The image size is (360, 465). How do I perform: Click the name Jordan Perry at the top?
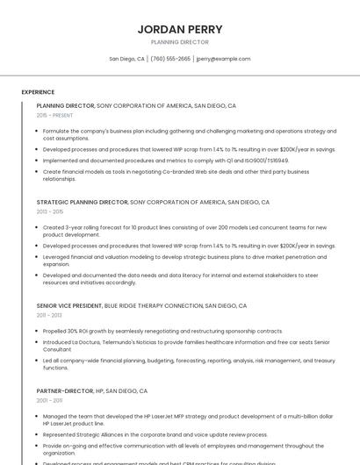[180, 29]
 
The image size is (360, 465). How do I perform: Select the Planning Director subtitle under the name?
[180, 42]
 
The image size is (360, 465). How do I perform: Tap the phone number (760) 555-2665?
[170, 59]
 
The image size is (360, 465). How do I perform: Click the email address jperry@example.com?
[223, 59]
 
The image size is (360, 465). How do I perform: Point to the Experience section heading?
[38, 92]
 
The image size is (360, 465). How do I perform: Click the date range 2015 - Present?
[54, 115]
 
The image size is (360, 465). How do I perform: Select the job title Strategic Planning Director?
[83, 202]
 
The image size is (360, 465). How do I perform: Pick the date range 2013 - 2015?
[50, 211]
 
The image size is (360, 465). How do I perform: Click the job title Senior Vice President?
[69, 306]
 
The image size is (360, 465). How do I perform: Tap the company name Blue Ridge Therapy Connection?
[154, 306]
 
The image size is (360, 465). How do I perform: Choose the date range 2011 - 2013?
[49, 315]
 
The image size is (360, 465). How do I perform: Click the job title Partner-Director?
[65, 390]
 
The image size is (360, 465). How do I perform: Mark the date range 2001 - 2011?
[49, 400]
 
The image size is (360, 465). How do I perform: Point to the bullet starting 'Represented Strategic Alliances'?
[155, 434]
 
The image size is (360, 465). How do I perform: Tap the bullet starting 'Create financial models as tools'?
[176, 175]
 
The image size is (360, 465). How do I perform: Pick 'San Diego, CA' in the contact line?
[127, 59]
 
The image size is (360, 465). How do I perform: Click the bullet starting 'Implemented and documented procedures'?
[165, 161]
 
